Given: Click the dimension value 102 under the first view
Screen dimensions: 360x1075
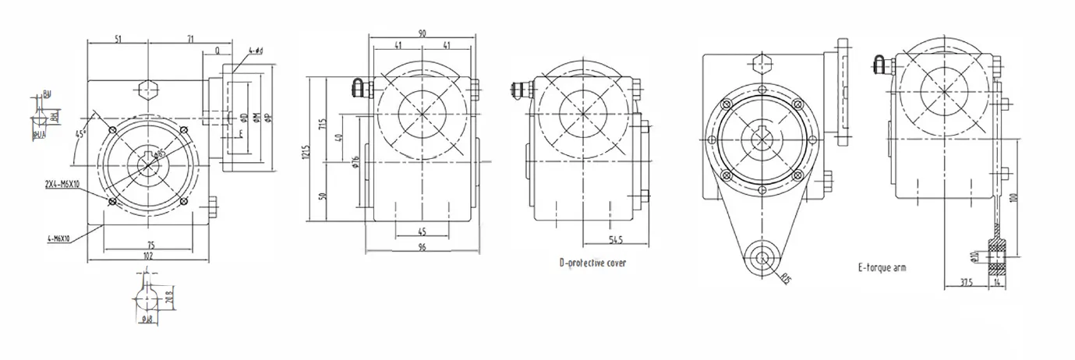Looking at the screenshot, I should coord(148,255).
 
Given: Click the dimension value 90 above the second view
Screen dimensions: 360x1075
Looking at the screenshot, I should coord(422,33).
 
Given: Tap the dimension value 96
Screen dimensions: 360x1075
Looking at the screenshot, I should coord(422,248).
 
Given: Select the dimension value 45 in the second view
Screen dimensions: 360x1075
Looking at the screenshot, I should coord(422,231).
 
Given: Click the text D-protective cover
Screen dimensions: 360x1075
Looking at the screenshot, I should coord(592,263).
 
